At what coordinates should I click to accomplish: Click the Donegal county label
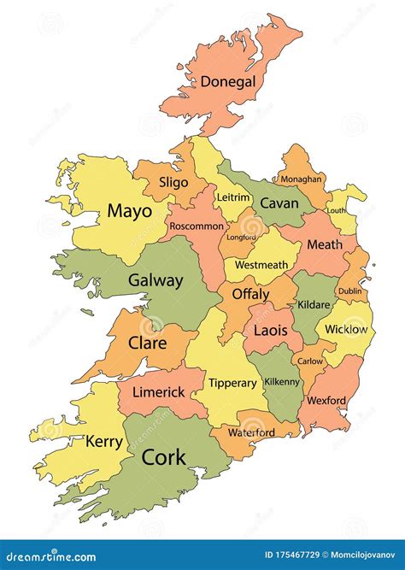pyautogui.click(x=227, y=82)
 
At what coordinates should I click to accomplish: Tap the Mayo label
pyautogui.click(x=130, y=211)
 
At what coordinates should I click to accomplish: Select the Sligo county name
pyautogui.click(x=173, y=183)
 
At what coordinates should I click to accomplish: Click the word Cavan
pyautogui.click(x=279, y=203)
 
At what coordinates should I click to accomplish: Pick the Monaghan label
pyautogui.click(x=303, y=179)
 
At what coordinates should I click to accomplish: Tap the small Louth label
pyautogui.click(x=337, y=210)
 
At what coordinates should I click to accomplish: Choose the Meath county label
pyautogui.click(x=324, y=244)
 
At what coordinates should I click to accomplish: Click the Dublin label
pyautogui.click(x=349, y=291)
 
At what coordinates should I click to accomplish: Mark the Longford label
pyautogui.click(x=241, y=238)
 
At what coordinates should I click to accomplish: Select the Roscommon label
pyautogui.click(x=196, y=226)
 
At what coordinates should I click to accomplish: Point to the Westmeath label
pyautogui.click(x=261, y=265)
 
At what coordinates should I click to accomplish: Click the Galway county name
pyautogui.click(x=156, y=280)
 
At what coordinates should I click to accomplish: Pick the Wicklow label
pyautogui.click(x=346, y=329)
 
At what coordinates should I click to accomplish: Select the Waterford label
pyautogui.click(x=251, y=432)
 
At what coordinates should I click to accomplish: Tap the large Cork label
pyautogui.click(x=163, y=456)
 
